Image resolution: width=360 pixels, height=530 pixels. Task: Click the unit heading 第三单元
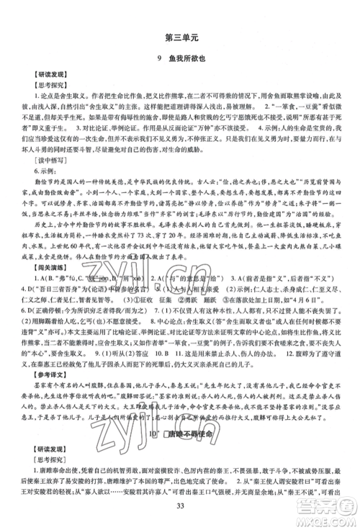point(180,37)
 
